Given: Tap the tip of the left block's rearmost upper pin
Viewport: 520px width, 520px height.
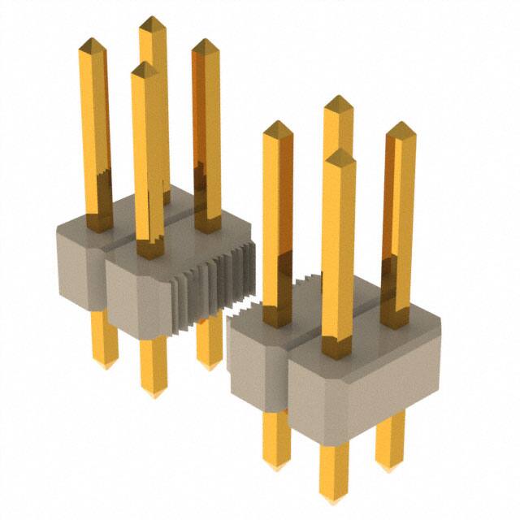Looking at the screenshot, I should click(151, 18).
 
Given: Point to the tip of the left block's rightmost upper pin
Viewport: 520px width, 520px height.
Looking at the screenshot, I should click(206, 41).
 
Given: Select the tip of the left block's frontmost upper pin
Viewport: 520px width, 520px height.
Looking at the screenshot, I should click(145, 64).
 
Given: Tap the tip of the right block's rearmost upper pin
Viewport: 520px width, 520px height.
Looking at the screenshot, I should click(338, 97).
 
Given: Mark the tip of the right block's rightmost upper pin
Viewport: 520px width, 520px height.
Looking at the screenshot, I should click(399, 124).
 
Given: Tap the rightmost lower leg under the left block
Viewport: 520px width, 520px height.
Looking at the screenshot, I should click(210, 341).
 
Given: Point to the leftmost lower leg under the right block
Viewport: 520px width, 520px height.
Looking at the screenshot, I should click(276, 439).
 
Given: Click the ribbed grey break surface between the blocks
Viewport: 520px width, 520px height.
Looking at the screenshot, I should click(213, 288).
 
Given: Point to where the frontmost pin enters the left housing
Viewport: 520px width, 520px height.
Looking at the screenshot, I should click(148, 250).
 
